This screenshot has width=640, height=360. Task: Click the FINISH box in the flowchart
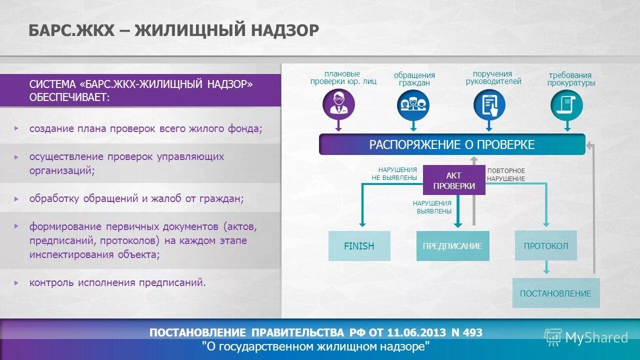point(359,246)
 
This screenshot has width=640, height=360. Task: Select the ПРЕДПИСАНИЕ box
point(452,246)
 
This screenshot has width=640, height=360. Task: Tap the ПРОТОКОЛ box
point(545,245)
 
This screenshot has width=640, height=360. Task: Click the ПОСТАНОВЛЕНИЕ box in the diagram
point(555,293)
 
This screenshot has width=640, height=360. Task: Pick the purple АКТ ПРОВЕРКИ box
point(454,180)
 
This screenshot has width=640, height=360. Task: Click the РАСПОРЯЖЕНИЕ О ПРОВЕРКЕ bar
point(452,145)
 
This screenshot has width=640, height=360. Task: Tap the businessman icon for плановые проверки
point(338,104)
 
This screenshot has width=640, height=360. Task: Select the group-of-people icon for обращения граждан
point(413,104)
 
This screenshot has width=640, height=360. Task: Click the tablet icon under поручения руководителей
point(489,104)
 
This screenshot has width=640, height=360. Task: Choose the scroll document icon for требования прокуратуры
point(566,104)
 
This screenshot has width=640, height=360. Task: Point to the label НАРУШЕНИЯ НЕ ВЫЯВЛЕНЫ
point(394,173)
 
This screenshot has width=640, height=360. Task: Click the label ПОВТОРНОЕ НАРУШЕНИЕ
point(506,174)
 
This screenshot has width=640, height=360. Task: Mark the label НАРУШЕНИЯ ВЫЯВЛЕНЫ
point(432,207)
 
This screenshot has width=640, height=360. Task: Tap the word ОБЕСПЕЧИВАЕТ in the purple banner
point(69,97)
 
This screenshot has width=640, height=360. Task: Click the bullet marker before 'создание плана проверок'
point(16,128)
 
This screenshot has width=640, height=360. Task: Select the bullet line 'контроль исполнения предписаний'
point(117,282)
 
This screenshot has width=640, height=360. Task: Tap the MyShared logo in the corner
point(585,337)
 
